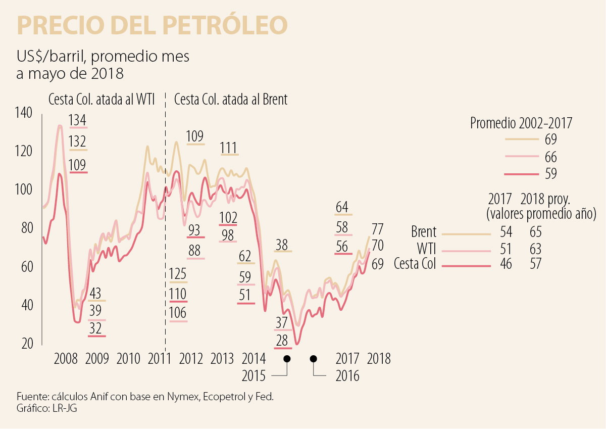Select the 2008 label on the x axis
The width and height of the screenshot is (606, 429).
66,359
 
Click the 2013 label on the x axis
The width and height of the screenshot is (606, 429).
222,359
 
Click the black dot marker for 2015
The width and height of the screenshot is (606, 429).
287,359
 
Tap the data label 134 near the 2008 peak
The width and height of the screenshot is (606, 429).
78,121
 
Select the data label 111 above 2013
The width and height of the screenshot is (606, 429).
229,148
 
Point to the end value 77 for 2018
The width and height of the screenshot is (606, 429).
378,228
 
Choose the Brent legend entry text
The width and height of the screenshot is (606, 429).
423,232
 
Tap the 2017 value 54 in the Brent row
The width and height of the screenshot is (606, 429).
506,232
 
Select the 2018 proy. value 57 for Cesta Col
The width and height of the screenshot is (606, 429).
535,264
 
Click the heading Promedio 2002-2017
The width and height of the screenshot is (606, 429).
521,123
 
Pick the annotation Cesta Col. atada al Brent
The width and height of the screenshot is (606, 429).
231,100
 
